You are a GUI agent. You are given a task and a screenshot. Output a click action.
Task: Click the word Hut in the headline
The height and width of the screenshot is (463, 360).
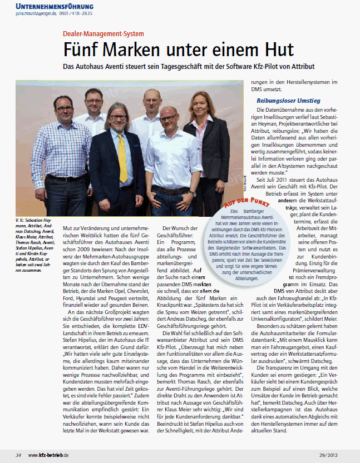coord(275,51)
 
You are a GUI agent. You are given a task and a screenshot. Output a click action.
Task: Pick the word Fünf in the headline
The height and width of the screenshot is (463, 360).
coord(83,51)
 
